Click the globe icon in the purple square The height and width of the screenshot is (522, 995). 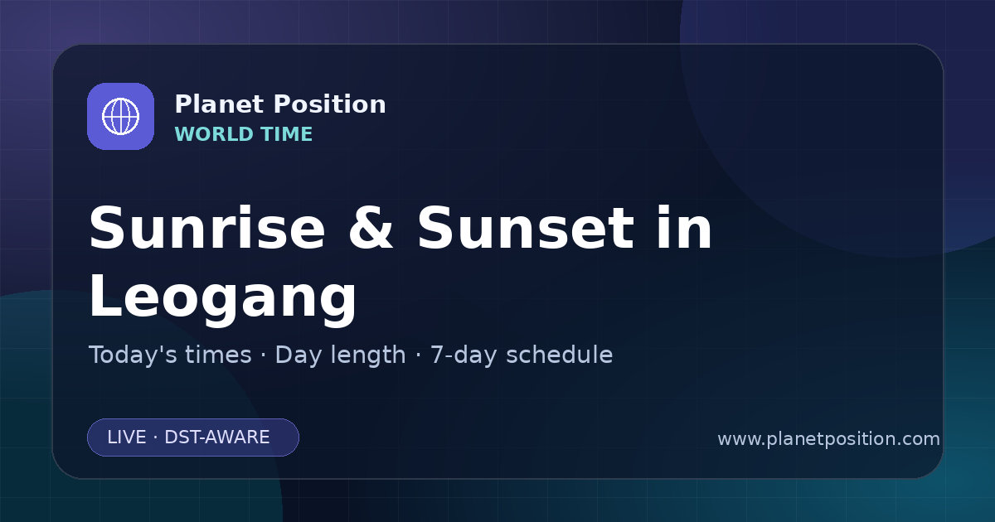click(x=120, y=116)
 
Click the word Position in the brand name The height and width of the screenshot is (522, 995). click(x=330, y=104)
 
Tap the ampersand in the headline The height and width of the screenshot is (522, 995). click(x=371, y=228)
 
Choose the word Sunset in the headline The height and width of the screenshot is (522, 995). click(x=526, y=228)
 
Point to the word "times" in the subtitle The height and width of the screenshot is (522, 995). click(x=218, y=355)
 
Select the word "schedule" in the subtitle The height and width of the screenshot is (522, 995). click(x=560, y=355)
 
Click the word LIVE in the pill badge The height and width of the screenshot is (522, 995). click(x=127, y=437)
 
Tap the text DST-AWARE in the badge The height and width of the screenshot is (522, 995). click(x=216, y=437)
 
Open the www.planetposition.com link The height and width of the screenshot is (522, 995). click(x=828, y=439)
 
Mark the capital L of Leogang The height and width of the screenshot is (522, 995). click(x=104, y=295)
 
